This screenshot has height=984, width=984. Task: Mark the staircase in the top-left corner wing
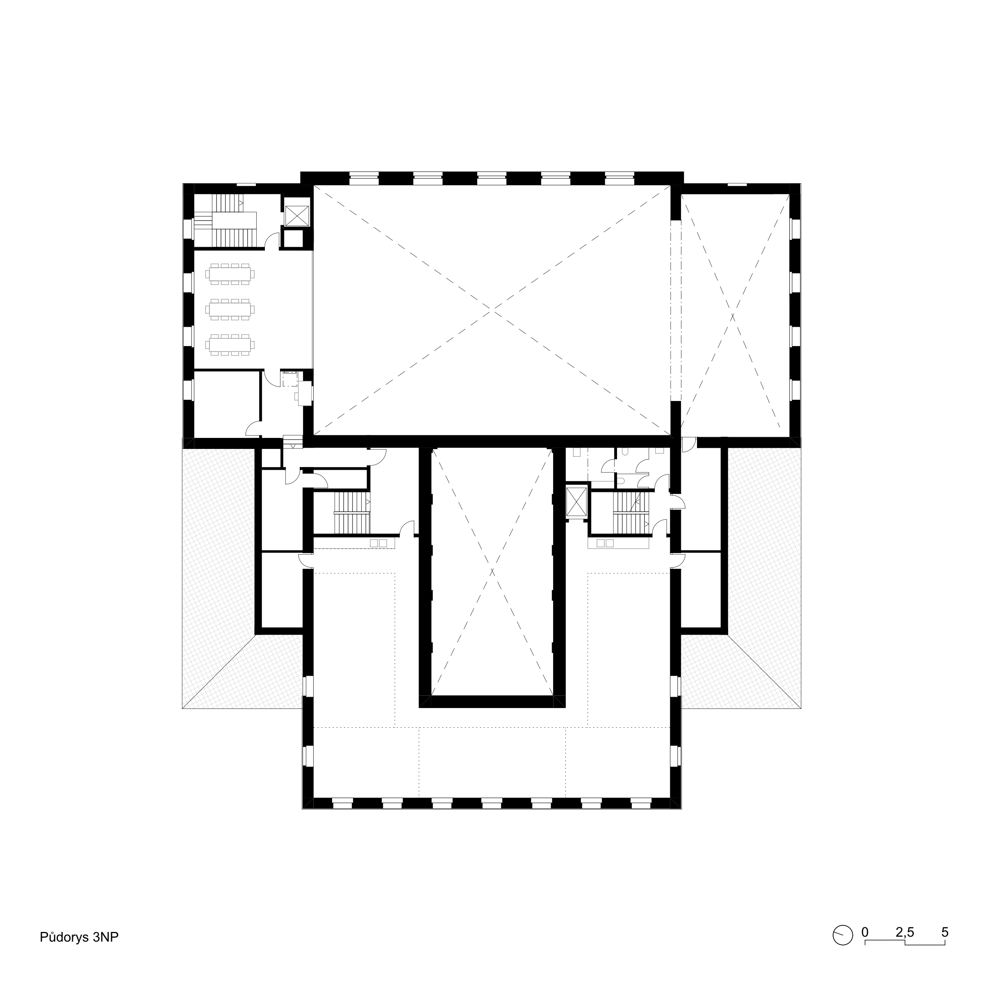225,221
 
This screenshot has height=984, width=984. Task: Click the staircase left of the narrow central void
352,512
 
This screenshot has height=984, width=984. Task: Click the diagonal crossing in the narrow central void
492,571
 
